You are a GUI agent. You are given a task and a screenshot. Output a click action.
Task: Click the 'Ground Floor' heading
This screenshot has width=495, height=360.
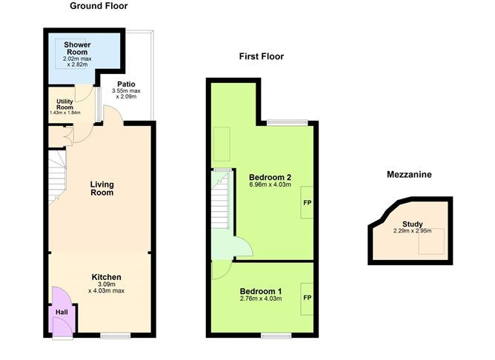99,6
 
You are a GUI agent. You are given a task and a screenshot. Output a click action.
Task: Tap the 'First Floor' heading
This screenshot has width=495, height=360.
261,56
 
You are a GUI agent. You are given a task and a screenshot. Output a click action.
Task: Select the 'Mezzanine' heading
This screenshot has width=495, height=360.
409,175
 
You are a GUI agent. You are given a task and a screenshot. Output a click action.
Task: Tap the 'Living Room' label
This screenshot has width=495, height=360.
102,188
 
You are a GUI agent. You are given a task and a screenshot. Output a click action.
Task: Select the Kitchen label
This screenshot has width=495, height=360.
102,277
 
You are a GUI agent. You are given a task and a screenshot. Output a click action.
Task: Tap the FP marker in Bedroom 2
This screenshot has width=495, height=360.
306,201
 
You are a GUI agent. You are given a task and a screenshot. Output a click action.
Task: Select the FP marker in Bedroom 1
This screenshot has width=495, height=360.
306,298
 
